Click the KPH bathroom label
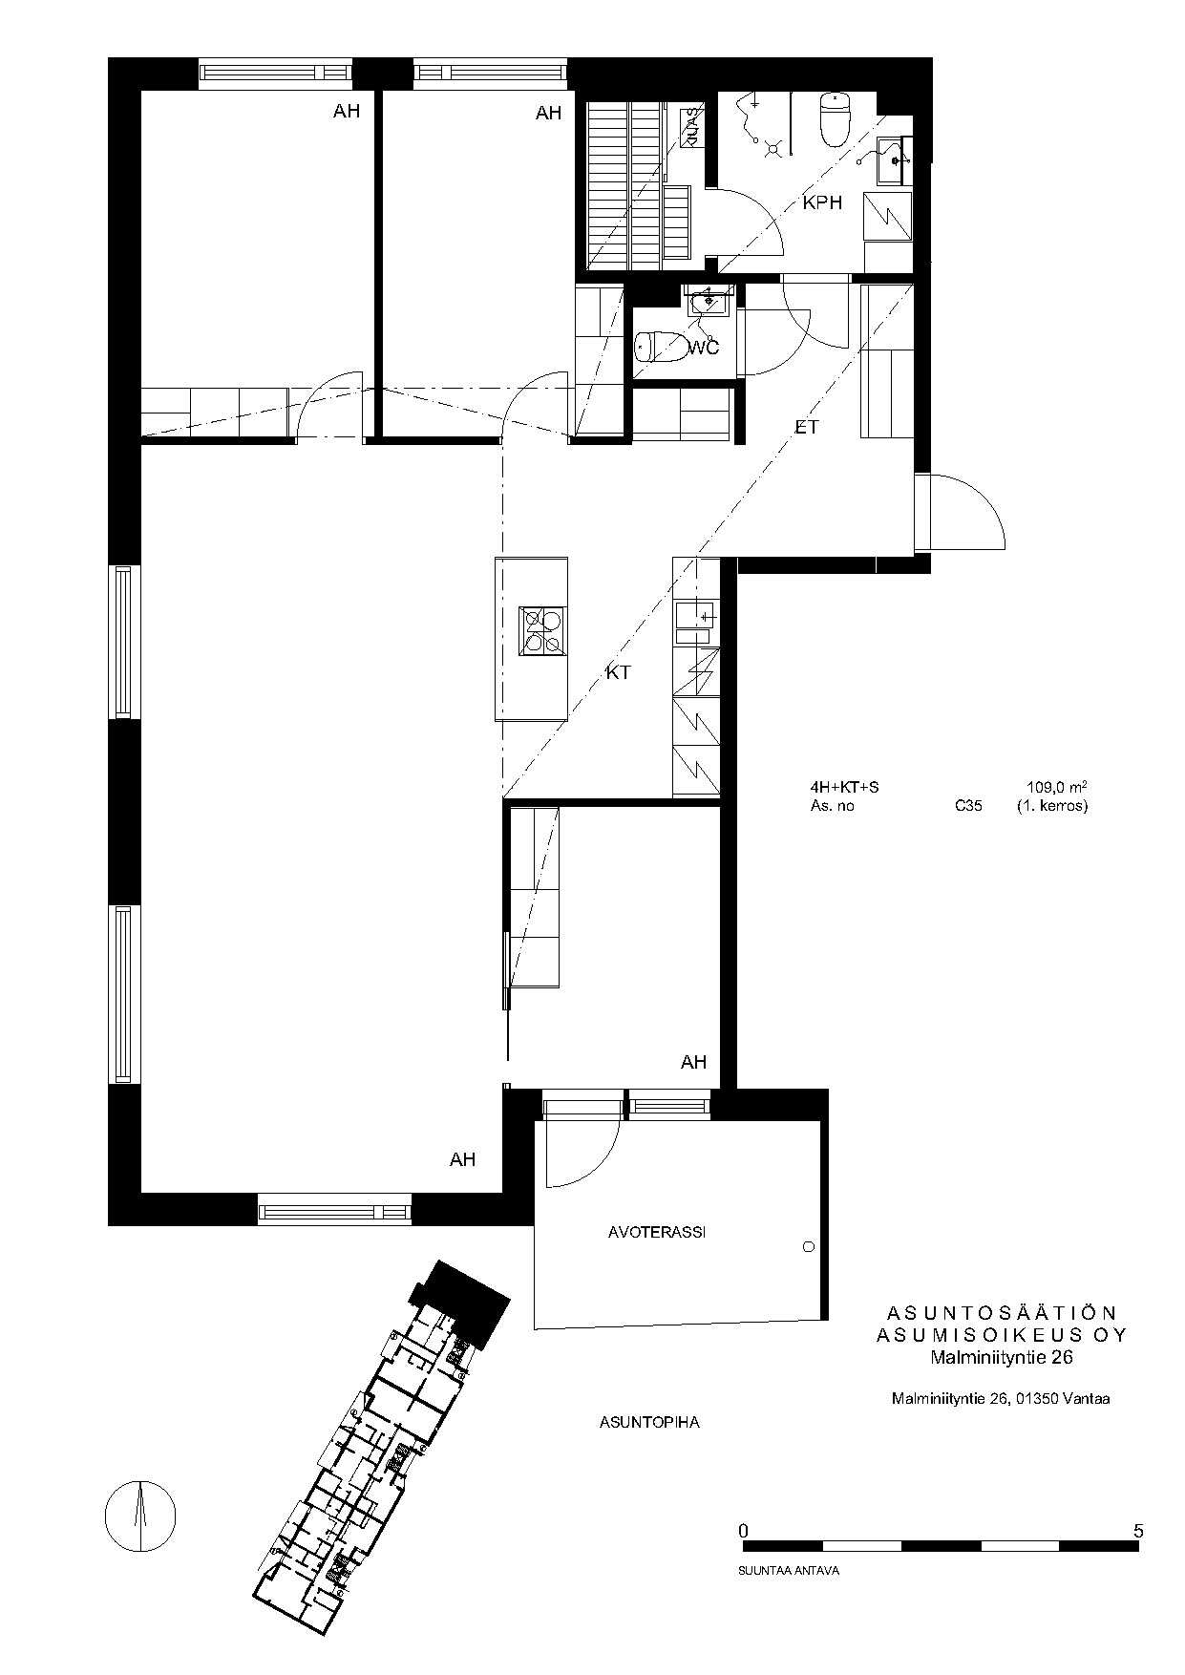[822, 202]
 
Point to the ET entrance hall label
[807, 427]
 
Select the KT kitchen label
[619, 672]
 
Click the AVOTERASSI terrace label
[657, 1232]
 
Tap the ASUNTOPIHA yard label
[649, 1422]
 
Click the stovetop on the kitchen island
[543, 631]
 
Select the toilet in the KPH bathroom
[835, 119]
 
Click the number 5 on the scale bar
[1137, 1530]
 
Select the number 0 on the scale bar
[744, 1530]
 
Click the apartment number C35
[968, 805]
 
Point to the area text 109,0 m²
[1057, 787]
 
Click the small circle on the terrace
[810, 1247]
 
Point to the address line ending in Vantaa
[1000, 1399]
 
